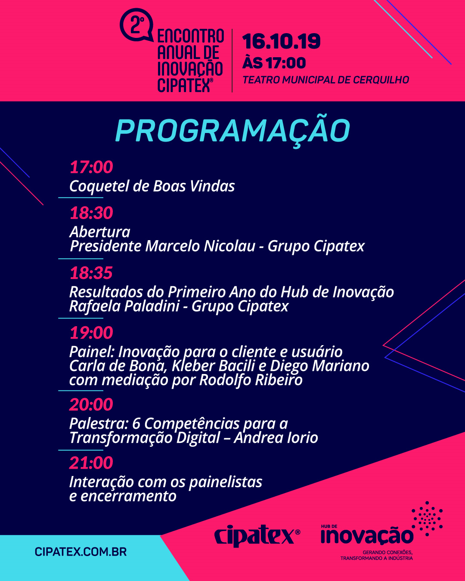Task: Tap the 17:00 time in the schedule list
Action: point(91,167)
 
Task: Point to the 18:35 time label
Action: point(91,273)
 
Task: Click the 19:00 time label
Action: point(91,332)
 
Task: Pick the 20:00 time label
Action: point(91,404)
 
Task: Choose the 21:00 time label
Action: point(91,463)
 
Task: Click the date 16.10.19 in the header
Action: point(281,41)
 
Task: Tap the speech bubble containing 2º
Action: point(137,25)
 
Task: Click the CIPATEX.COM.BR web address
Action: point(81,552)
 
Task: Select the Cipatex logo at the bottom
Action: point(257,536)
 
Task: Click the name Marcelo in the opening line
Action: point(173,246)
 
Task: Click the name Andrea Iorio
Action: point(276,438)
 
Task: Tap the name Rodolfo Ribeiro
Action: point(251,380)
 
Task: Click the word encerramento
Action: point(129,496)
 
